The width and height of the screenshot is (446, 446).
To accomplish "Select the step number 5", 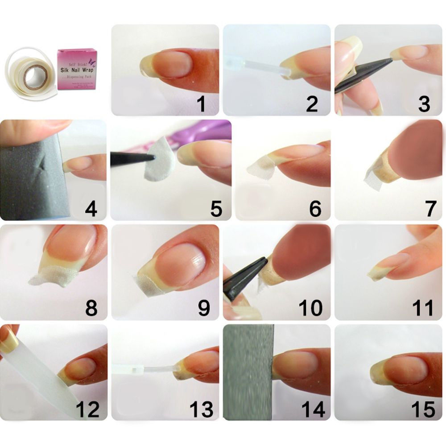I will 216,209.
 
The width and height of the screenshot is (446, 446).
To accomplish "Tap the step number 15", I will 422,409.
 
